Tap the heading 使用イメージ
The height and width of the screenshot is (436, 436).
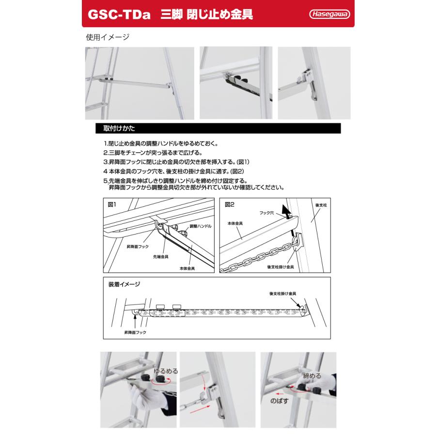[107, 37]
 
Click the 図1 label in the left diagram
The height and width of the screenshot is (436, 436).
[113, 205]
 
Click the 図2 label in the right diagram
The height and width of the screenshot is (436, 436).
[230, 205]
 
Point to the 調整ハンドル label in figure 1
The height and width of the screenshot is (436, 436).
[200, 226]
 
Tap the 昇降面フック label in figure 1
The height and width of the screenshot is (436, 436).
[137, 247]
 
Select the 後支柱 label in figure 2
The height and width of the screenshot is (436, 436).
[321, 205]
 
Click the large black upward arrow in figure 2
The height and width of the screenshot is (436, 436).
[288, 212]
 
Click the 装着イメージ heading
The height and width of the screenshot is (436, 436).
[124, 284]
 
